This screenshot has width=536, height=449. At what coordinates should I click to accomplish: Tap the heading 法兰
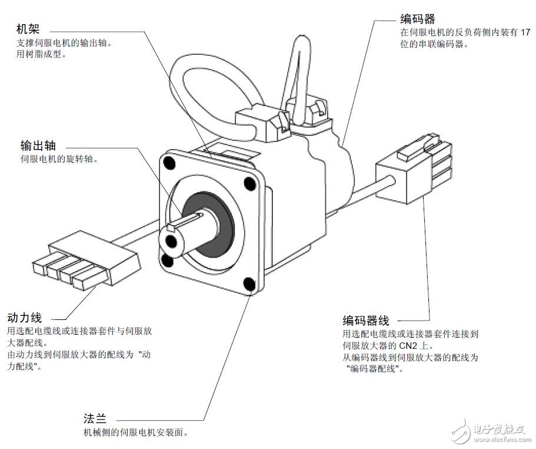[95, 419]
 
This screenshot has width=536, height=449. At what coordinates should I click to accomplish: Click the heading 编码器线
[365, 321]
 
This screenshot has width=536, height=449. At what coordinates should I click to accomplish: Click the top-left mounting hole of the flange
[169, 161]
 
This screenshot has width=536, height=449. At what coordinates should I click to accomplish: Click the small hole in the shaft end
[171, 240]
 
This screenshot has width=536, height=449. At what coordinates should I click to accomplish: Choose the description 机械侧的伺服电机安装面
[136, 433]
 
